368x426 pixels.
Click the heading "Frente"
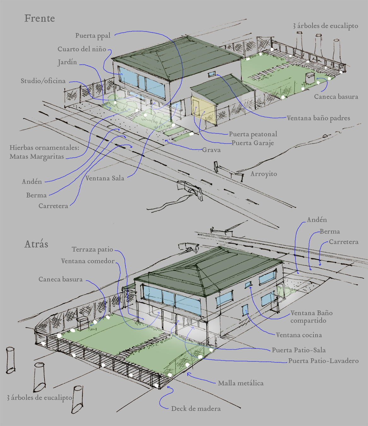(40, 19)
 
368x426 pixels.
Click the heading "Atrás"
(36, 244)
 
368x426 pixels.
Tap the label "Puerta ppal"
(93, 36)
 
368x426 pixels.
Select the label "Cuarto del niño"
(82, 49)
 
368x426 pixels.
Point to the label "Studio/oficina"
(43, 81)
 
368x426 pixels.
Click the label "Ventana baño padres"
(318, 118)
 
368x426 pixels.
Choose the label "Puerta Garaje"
(253, 143)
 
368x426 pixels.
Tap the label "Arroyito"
(264, 174)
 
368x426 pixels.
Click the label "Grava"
(211, 150)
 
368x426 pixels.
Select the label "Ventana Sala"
(105, 179)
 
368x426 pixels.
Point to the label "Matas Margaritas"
(37, 157)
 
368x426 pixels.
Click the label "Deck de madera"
(196, 409)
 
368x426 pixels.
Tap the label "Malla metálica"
(241, 383)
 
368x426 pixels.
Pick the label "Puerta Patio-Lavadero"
(323, 361)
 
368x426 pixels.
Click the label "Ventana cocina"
(299, 335)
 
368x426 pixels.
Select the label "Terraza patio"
(92, 250)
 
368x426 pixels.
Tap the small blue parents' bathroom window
(211, 74)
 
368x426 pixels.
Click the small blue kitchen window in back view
(245, 310)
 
